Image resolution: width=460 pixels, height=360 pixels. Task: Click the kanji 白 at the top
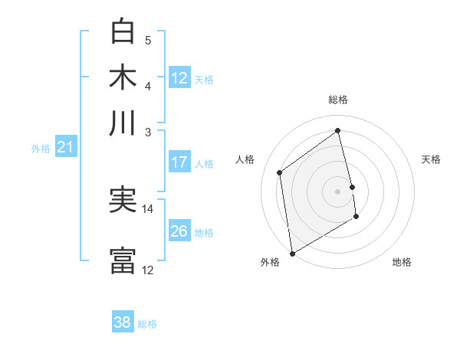(123, 31)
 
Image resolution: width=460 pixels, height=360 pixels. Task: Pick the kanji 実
(123, 201)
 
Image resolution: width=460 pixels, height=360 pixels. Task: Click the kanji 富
(123, 260)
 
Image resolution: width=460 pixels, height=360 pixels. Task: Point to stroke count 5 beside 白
(148, 40)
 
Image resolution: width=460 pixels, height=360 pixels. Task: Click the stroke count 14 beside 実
(148, 208)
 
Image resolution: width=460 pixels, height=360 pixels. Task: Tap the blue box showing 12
(179, 78)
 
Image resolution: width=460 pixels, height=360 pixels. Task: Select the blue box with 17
(179, 162)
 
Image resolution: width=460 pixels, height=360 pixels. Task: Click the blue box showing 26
(179, 231)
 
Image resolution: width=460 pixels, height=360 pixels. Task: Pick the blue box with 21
(64, 148)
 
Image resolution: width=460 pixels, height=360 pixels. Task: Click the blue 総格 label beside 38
(147, 324)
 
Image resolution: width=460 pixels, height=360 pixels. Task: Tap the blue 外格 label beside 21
(41, 149)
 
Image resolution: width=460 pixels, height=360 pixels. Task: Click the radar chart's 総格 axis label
(338, 100)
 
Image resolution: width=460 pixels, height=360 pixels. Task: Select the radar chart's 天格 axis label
(431, 159)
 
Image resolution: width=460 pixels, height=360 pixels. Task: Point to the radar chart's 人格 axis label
(245, 159)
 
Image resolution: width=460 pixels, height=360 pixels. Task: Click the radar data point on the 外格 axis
(292, 253)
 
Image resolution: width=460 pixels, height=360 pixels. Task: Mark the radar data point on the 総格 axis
(338, 130)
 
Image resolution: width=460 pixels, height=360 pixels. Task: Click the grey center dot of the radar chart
(338, 191)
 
